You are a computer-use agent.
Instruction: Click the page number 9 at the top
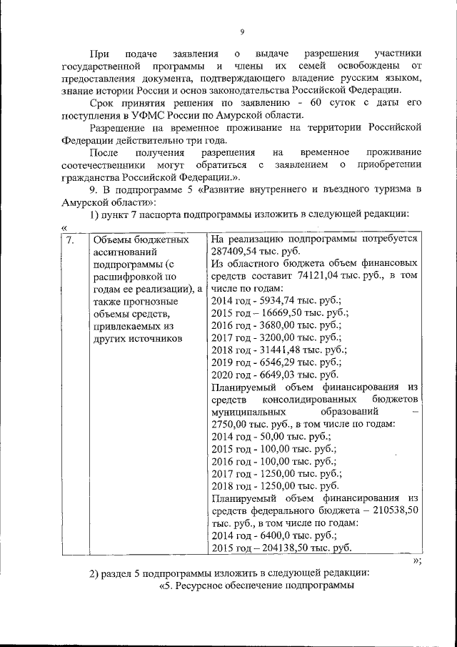pos(242,31)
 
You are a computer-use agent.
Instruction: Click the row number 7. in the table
pos(70,240)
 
